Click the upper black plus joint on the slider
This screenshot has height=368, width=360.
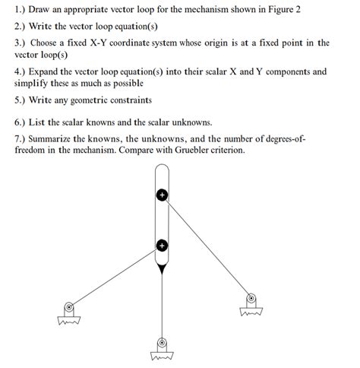pyautogui.click(x=161, y=195)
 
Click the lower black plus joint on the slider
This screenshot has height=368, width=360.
pyautogui.click(x=161, y=246)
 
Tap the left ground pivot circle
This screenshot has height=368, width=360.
pyautogui.click(x=69, y=308)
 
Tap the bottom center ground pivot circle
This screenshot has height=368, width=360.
pyautogui.click(x=161, y=343)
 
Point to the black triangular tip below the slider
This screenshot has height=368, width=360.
pyautogui.click(x=161, y=268)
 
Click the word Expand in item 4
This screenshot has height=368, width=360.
pyautogui.click(x=46, y=71)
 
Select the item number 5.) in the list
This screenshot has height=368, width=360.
pyautogui.click(x=21, y=100)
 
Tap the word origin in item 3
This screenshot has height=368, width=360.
pyautogui.click(x=239, y=43)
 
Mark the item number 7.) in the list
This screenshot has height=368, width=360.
pyautogui.click(x=21, y=140)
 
